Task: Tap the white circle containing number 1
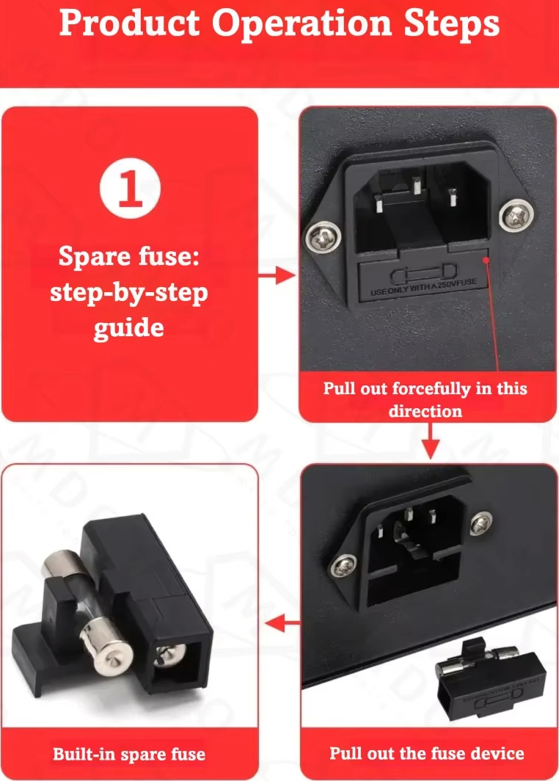[x=130, y=188]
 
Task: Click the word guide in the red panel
[x=129, y=329]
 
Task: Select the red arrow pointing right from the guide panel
[x=277, y=275]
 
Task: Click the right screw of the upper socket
[x=516, y=215]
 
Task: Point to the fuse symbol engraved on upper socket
[x=423, y=273]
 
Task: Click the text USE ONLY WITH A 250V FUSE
[x=423, y=286]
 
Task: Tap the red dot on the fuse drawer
[x=486, y=260]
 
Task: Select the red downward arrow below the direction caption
[x=431, y=441]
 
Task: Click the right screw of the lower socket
[x=481, y=523]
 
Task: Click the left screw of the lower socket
[x=343, y=567]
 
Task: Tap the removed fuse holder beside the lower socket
[x=489, y=680]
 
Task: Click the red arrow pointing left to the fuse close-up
[x=282, y=622]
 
